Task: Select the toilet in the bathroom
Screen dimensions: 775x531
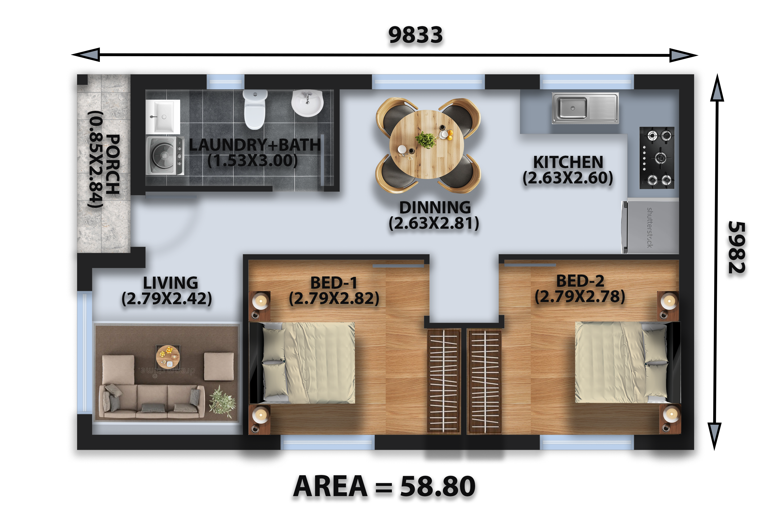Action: (255, 109)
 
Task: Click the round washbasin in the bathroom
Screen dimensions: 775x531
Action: (307, 103)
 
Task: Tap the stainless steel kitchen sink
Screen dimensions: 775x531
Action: (585, 108)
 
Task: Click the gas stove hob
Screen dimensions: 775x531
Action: (657, 158)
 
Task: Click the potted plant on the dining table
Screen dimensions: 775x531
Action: (426, 140)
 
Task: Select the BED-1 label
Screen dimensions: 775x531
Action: (334, 283)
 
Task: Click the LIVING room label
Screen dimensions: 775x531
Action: (170, 283)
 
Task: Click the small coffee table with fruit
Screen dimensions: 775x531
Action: (168, 356)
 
